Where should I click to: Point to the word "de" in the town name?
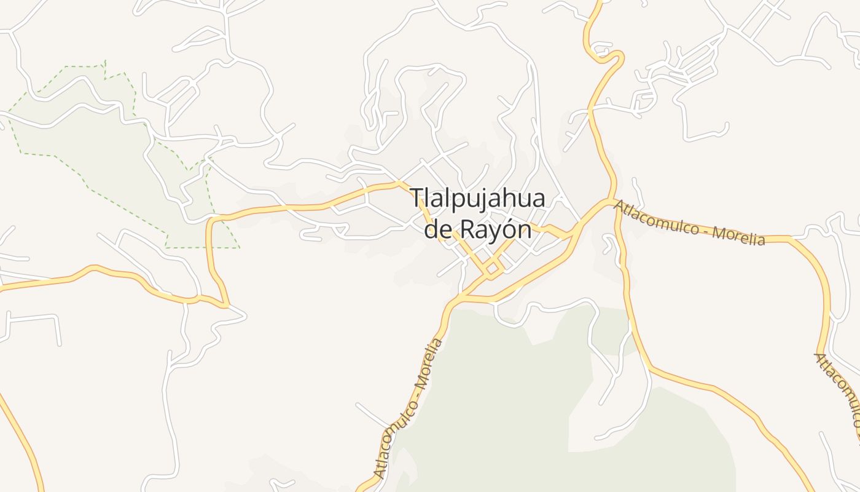437,229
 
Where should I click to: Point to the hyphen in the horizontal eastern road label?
705,229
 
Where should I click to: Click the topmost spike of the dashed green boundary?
105,61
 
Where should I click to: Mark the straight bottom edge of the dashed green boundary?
203,248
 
